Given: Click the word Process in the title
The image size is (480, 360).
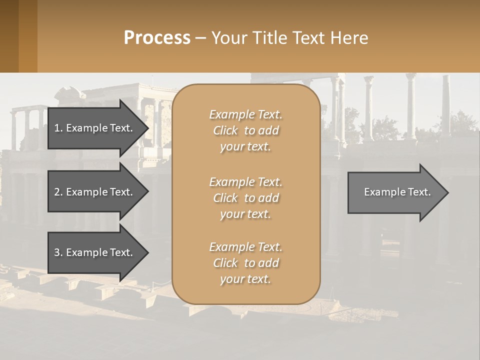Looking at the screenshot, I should [x=157, y=38].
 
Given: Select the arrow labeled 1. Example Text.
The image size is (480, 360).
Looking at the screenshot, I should [x=95, y=128].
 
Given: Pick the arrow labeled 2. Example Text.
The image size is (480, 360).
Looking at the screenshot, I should [x=95, y=192].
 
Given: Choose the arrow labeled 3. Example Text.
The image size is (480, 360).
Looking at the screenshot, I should [x=95, y=252].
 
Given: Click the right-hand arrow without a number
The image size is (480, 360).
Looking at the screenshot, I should [x=395, y=192].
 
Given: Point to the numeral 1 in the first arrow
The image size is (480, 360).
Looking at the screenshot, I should [x=56, y=128].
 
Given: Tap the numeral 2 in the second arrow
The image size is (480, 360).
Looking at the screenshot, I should [x=56, y=192].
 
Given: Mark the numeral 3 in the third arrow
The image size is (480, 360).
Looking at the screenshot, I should [x=56, y=252].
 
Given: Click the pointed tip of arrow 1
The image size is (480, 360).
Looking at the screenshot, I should [x=146, y=128].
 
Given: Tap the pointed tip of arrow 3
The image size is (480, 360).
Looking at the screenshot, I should [x=146, y=252].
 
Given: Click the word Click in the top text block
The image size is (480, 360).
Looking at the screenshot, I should [x=225, y=130].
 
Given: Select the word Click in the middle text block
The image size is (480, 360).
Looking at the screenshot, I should [x=225, y=198].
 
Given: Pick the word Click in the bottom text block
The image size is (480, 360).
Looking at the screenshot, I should [x=225, y=263].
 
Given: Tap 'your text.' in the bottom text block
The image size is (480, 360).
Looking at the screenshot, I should [x=245, y=279].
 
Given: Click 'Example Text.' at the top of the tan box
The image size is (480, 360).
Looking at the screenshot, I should [x=245, y=114].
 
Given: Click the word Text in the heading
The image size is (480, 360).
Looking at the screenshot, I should [x=308, y=38].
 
